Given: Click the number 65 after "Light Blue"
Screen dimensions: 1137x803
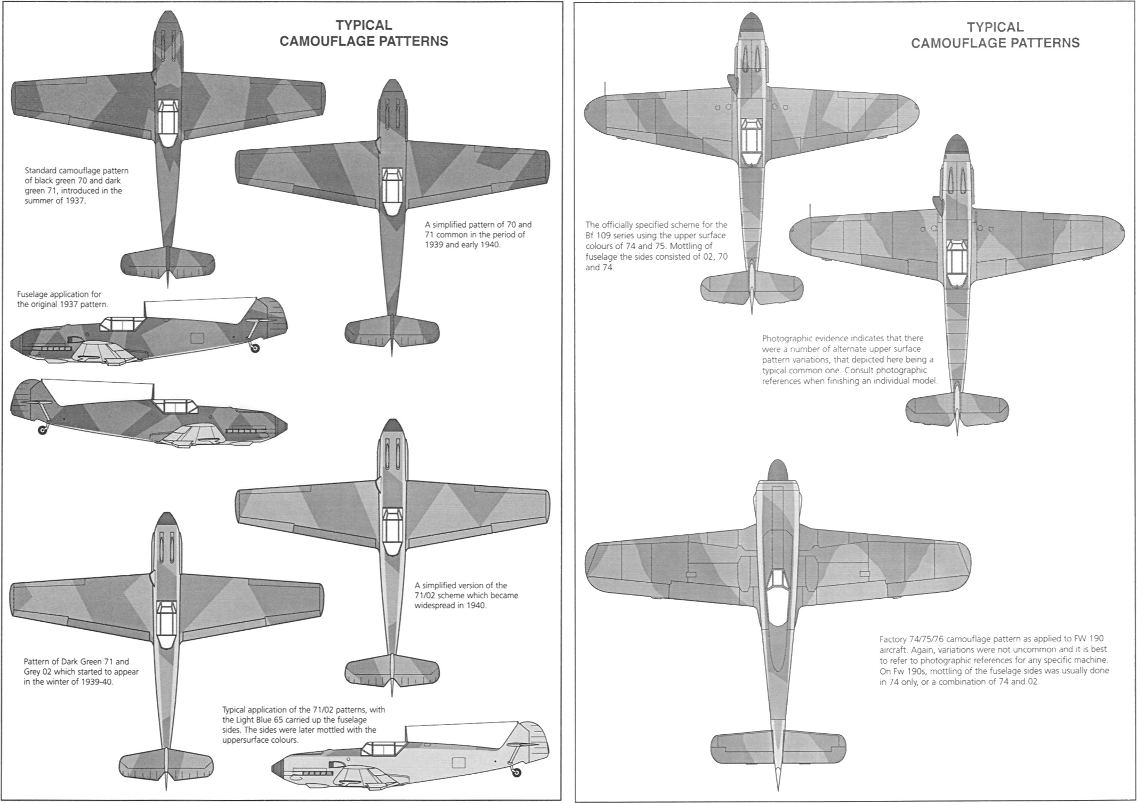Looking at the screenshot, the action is (x=287, y=720).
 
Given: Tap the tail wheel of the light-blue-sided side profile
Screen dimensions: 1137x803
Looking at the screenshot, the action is (x=515, y=773).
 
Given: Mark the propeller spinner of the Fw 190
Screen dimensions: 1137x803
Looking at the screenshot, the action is (x=777, y=470).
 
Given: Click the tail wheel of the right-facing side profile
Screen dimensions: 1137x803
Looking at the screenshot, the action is (x=42, y=429).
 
